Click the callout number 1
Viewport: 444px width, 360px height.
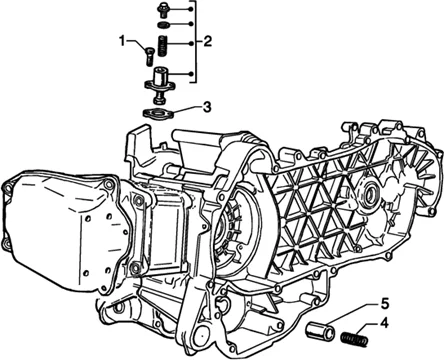(122, 41)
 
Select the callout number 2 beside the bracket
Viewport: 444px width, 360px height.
(207, 42)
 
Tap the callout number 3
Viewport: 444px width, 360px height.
(207, 107)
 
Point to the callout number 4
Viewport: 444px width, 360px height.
(384, 323)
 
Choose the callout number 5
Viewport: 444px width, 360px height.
(384, 304)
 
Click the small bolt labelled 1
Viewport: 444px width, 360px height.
(149, 56)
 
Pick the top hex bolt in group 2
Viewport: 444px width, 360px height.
(163, 10)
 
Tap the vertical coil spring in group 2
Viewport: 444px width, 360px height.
(162, 45)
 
